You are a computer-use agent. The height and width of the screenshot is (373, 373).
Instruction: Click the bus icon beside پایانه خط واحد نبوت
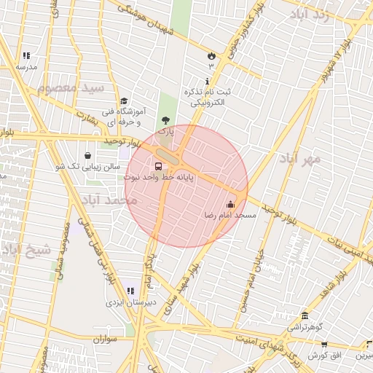tap(159, 165)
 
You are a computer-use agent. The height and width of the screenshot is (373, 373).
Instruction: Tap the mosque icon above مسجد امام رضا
tap(231, 205)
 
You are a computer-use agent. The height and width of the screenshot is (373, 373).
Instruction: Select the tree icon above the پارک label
tap(167, 120)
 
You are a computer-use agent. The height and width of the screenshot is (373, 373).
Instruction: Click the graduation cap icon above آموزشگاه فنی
tap(124, 101)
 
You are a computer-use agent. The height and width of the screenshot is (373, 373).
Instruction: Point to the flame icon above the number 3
tap(211, 55)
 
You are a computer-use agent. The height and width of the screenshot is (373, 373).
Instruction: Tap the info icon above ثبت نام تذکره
tap(208, 81)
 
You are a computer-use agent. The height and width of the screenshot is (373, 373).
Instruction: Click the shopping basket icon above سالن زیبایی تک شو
tap(88, 155)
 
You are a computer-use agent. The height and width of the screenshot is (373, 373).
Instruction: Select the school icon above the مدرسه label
tap(26, 55)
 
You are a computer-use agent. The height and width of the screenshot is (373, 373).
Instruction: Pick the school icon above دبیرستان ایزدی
tap(130, 291)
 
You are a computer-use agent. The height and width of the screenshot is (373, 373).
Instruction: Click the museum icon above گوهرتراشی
tap(305, 316)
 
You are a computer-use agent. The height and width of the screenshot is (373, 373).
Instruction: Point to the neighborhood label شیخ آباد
tap(27, 250)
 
